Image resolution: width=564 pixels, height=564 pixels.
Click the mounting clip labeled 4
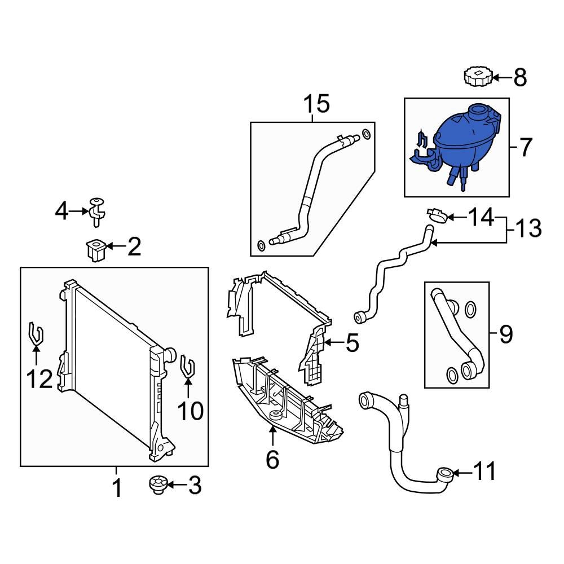(98, 213)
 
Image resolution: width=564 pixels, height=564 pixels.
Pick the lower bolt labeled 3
(157, 485)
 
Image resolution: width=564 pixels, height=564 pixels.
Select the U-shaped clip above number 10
(188, 367)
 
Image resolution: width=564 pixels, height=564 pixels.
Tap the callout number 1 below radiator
(116, 488)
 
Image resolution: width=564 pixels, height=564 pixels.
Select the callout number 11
(486, 472)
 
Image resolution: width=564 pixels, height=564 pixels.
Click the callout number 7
(525, 148)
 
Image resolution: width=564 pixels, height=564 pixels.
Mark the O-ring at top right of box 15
(367, 134)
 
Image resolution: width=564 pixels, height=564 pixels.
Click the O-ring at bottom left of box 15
(261, 245)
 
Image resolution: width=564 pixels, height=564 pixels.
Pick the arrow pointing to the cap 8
(502, 77)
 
